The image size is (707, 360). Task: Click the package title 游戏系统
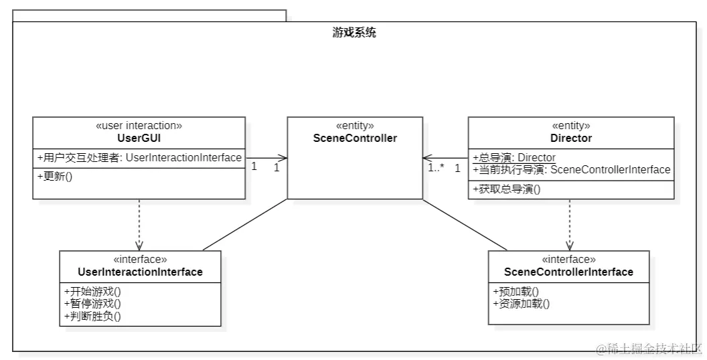(x=354, y=32)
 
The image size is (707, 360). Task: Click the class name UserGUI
(x=139, y=139)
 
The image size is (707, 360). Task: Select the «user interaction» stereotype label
(x=139, y=126)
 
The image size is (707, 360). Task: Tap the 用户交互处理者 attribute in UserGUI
(x=139, y=158)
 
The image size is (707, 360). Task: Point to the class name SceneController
(x=355, y=139)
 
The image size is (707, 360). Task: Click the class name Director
(x=570, y=139)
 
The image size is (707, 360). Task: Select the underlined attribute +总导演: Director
(x=514, y=157)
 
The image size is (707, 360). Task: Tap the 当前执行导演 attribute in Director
(x=572, y=169)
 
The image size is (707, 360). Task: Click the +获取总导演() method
(x=507, y=189)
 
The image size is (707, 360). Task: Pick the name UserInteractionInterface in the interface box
(x=140, y=272)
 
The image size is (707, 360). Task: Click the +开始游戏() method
(x=92, y=291)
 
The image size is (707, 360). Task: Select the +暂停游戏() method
(x=92, y=303)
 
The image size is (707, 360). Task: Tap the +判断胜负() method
(x=92, y=316)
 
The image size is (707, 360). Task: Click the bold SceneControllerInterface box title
(x=568, y=272)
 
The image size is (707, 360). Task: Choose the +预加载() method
(x=516, y=291)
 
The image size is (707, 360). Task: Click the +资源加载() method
(x=521, y=303)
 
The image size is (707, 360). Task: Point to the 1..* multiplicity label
(x=437, y=168)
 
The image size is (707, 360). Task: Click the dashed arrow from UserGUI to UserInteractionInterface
(x=139, y=224)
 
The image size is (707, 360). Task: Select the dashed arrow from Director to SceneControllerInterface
(x=570, y=224)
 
